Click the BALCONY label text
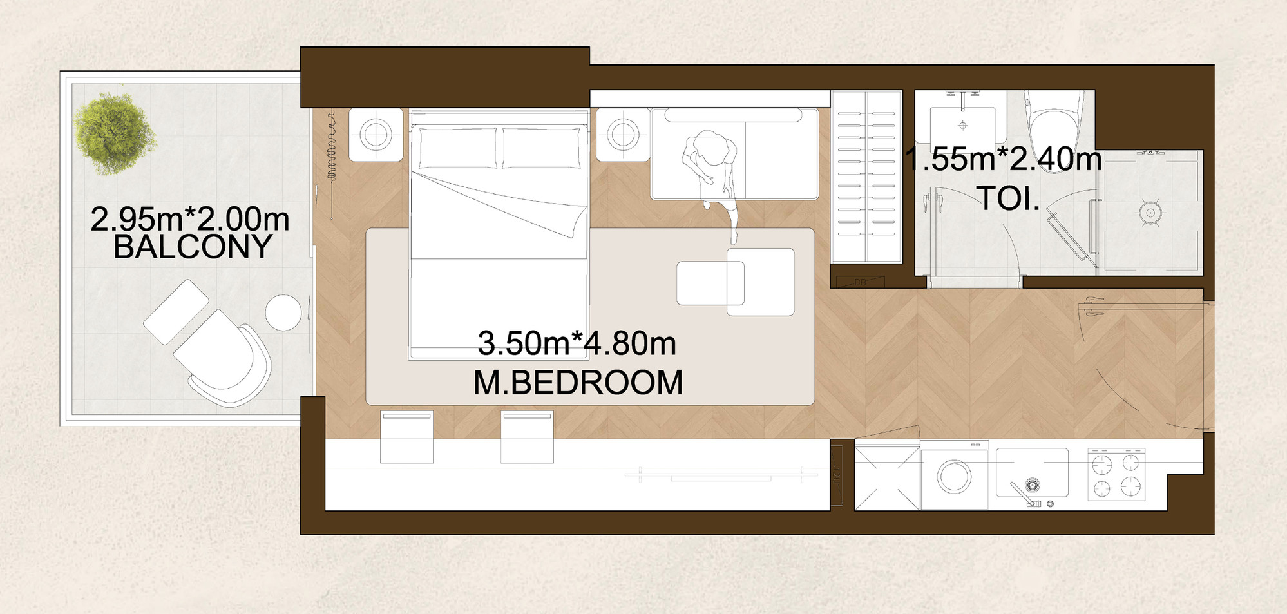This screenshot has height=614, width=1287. click(193, 247)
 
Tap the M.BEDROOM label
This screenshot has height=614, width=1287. click(578, 383)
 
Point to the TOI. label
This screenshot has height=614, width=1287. click(1008, 198)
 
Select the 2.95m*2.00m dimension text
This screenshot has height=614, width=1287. click(190, 219)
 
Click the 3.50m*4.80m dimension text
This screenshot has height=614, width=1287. click(577, 343)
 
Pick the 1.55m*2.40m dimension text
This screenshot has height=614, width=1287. click(1004, 159)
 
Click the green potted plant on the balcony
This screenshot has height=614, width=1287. click(115, 133)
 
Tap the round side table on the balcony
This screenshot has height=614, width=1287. click(283, 312)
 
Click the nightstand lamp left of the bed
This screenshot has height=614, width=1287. click(376, 135)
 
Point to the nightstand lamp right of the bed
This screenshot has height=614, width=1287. click(623, 135)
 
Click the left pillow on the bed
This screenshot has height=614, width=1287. click(458, 148)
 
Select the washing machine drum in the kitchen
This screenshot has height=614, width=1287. click(954, 477)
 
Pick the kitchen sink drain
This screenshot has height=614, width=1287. click(1032, 484)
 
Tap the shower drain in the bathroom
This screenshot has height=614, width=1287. click(1150, 213)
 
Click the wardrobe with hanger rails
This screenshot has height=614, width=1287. click(866, 177)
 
